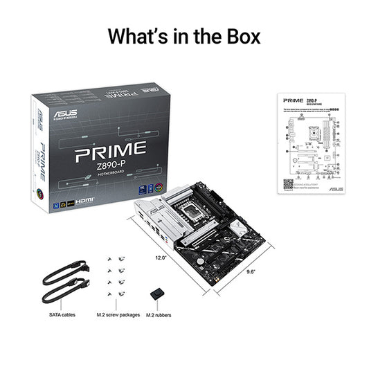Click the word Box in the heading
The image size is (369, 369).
tap(237, 36)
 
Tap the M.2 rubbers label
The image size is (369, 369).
tap(159, 315)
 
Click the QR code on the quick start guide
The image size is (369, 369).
tap(288, 184)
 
